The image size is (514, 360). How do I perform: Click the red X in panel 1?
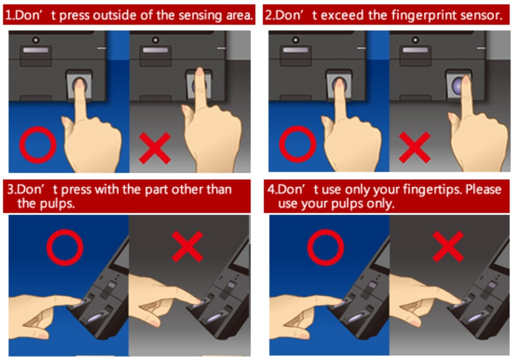click(155, 148)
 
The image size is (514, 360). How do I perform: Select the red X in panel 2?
click(414, 148)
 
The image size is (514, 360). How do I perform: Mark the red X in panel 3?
click(188, 246)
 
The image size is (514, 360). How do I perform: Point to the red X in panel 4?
click(448, 246)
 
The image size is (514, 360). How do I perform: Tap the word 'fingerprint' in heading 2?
click(413, 16)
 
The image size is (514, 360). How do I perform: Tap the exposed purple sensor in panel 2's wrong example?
click(455, 85)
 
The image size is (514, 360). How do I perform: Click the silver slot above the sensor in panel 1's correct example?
click(36, 50)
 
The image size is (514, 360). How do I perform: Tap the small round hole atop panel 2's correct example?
click(296, 40)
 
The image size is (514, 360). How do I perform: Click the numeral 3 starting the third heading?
click(11, 190)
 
